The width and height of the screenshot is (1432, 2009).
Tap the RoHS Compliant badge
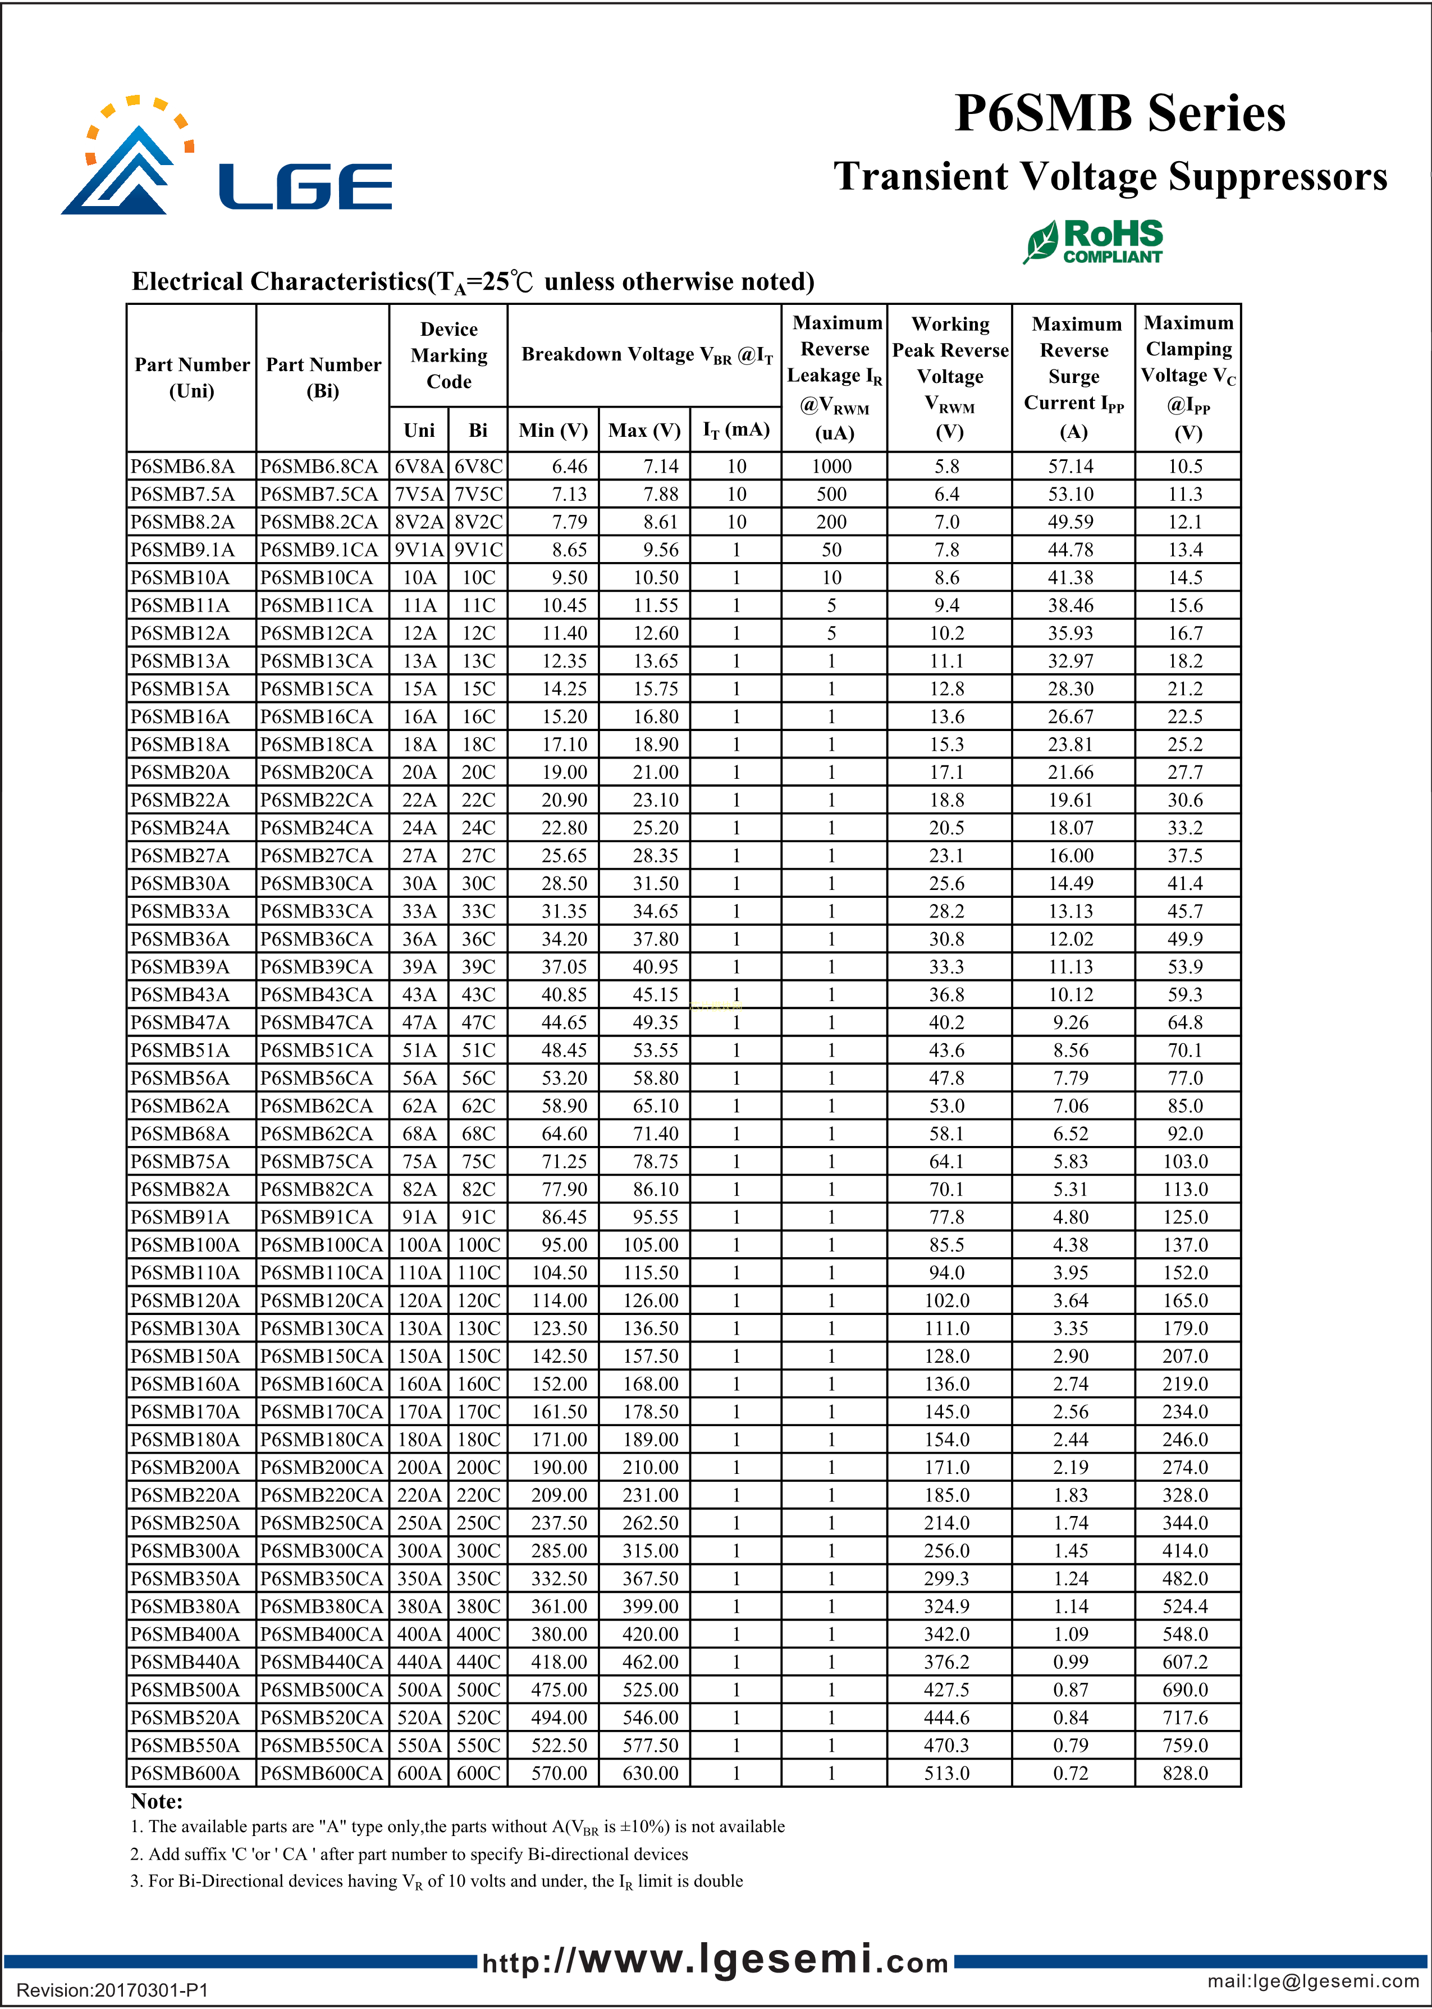(x=1094, y=241)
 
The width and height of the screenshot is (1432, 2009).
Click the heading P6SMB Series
(x=1120, y=114)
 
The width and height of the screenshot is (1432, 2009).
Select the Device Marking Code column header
(x=449, y=355)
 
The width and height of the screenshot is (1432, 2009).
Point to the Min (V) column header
(x=553, y=430)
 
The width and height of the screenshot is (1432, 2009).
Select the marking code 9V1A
(x=419, y=550)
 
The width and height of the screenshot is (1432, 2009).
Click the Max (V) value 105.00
(x=651, y=1244)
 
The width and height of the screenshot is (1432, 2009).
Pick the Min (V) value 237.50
(x=559, y=1523)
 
